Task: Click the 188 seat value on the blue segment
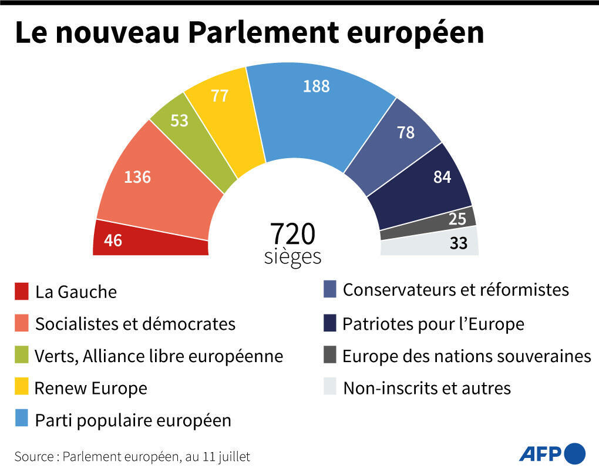point(317,86)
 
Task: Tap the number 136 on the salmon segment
point(137,176)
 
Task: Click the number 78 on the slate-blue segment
point(406,133)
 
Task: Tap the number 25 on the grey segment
point(457,219)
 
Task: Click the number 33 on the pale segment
point(458,243)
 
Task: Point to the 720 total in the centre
point(292,234)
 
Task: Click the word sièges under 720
point(292,257)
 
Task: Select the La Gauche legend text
point(76,292)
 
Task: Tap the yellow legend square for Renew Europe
point(22,387)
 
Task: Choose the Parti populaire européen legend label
point(133,420)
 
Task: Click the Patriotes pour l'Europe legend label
point(433,324)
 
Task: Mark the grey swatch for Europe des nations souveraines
point(330,356)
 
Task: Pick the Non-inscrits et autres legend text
point(427,388)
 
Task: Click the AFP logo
point(552,454)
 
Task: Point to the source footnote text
point(132,456)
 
